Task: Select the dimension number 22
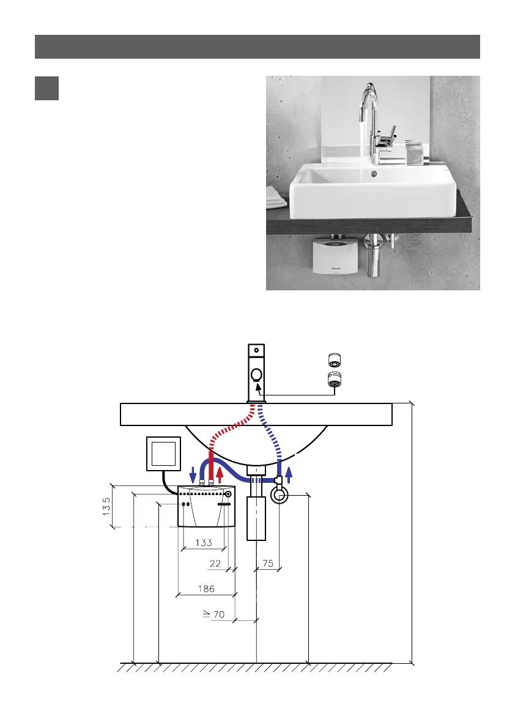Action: point(215,564)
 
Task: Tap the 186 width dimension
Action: point(206,589)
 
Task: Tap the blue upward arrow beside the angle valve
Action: point(289,472)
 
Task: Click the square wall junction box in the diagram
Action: point(164,454)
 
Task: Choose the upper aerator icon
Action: point(334,359)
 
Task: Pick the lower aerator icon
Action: point(334,379)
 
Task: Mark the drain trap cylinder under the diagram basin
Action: point(256,518)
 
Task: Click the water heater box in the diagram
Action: point(206,507)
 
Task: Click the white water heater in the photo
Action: point(333,257)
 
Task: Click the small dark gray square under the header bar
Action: point(46,88)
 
